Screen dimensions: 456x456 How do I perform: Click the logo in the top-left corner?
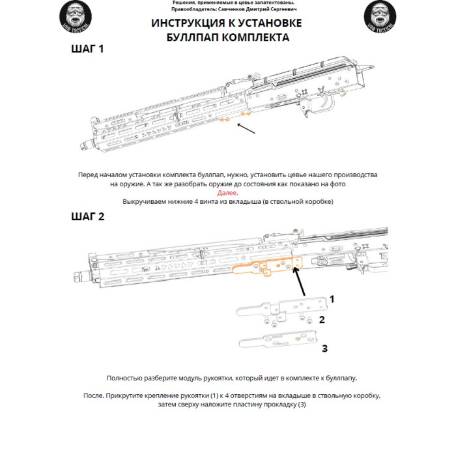tap(76, 16)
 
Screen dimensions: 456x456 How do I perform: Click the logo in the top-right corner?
tap(380, 16)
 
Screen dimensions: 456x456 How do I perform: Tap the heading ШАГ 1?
tap(87, 49)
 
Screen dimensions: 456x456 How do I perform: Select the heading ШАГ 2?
tap(87, 217)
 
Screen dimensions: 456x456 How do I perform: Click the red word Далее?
tap(228, 193)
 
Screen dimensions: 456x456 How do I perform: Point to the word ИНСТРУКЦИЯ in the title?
tap(188, 23)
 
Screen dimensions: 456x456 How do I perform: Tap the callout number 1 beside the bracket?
tap(332, 299)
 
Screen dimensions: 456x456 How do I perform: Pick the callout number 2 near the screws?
tap(322, 320)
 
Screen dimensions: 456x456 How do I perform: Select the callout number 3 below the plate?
tap(325, 348)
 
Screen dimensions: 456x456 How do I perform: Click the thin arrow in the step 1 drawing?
tap(246, 128)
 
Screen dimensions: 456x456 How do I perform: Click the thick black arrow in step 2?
tap(299, 281)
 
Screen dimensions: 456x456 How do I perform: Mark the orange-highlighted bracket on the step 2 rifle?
tap(268, 266)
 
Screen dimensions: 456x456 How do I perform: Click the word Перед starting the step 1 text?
tap(87, 175)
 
